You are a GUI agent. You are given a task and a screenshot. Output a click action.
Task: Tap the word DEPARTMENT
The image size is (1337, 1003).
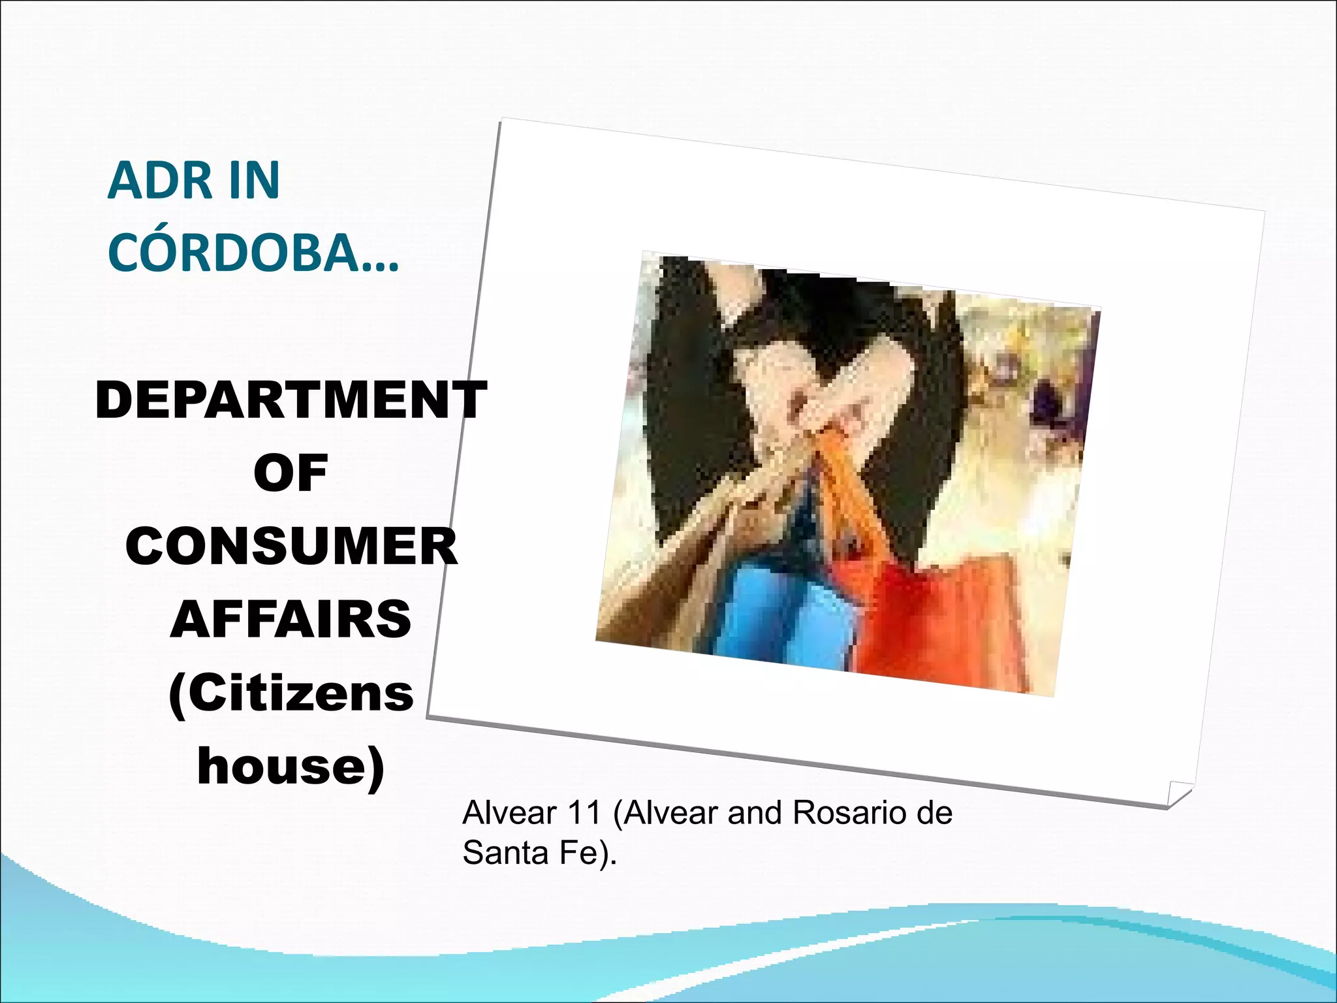291,400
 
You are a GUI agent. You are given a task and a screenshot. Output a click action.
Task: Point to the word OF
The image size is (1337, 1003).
291,473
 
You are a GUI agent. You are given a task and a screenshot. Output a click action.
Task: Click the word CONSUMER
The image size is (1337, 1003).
291,547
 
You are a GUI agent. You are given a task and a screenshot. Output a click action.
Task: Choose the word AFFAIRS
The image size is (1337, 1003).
291,620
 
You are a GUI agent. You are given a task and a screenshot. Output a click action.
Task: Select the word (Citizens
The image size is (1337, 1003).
291,693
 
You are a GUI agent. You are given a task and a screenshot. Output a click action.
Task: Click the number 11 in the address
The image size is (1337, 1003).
584,813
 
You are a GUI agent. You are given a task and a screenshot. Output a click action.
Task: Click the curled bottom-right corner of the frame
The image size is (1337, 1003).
1179,793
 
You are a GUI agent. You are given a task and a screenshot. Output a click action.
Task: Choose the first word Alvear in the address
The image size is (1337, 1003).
510,813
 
